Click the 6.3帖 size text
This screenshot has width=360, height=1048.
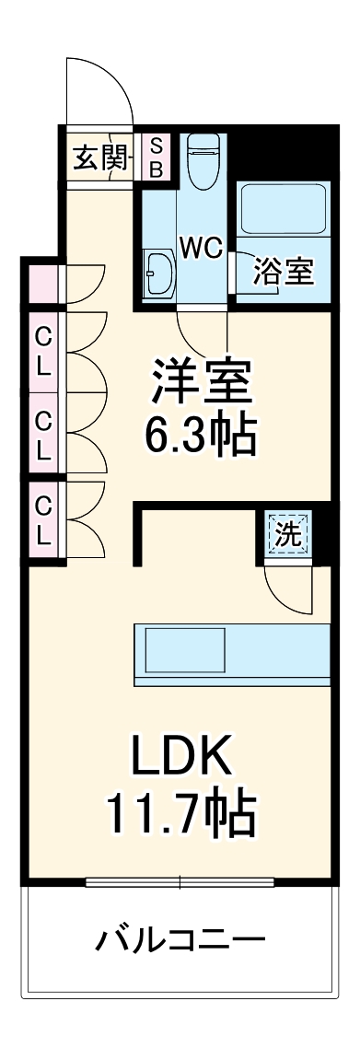click(x=200, y=436)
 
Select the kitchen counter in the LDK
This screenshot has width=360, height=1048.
click(x=231, y=654)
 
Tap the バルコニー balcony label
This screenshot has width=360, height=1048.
click(x=181, y=941)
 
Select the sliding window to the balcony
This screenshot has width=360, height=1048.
click(x=180, y=881)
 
